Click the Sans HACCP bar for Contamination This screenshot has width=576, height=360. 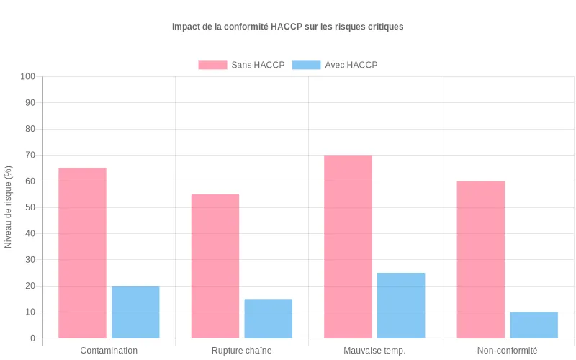(x=82, y=253)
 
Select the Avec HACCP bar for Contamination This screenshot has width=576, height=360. (x=135, y=312)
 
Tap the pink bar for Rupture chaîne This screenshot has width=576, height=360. (x=215, y=266)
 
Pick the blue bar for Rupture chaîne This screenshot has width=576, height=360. (x=269, y=318)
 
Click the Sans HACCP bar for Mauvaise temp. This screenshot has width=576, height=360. (x=348, y=246)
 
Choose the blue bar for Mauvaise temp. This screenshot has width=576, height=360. (x=401, y=305)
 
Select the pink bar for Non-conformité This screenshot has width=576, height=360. (x=480, y=259)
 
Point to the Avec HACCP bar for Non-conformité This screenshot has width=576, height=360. (x=534, y=325)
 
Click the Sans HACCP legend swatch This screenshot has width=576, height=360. (x=212, y=65)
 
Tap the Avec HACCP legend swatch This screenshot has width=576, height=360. (x=306, y=65)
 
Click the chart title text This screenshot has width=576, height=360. (x=287, y=27)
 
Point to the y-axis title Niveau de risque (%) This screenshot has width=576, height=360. (x=9, y=207)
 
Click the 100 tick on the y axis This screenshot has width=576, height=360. (x=28, y=76)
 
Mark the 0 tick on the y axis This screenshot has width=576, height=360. (x=32, y=338)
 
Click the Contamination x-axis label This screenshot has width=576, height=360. (x=109, y=351)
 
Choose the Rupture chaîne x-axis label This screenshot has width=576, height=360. (x=242, y=351)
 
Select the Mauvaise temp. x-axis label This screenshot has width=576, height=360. (x=374, y=351)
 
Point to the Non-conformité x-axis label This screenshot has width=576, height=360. (x=507, y=351)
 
